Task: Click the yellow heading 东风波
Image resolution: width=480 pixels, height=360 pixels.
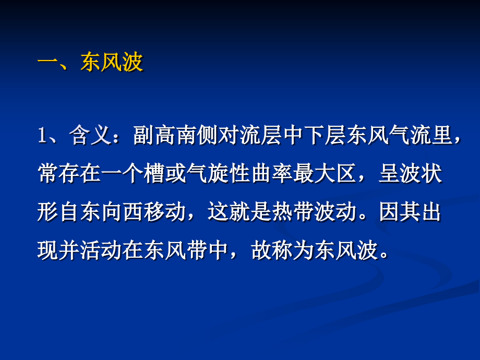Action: click(x=112, y=64)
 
